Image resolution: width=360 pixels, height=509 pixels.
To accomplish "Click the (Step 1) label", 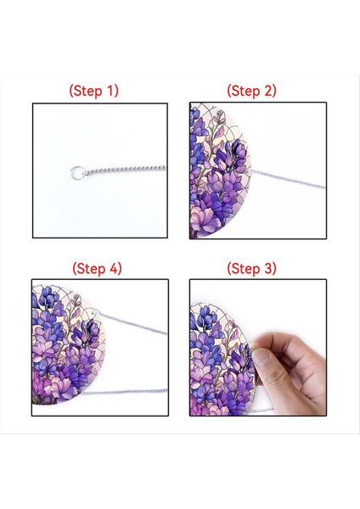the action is [x=94, y=91].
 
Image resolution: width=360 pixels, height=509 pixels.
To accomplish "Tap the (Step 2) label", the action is [x=251, y=91].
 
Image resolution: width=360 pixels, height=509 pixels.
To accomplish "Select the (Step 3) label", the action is [x=251, y=268].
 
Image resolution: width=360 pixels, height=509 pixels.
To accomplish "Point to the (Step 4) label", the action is [x=97, y=268].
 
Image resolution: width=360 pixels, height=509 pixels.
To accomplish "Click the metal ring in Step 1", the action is [x=77, y=172].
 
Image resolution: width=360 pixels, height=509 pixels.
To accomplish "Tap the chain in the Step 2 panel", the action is [x=288, y=178].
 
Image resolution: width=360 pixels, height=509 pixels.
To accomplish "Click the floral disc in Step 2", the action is [x=220, y=171].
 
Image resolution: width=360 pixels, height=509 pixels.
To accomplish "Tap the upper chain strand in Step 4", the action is [x=134, y=323].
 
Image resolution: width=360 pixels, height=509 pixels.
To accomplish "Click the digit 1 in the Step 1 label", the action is [x=110, y=91].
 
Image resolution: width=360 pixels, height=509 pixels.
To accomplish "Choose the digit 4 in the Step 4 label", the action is [x=114, y=268].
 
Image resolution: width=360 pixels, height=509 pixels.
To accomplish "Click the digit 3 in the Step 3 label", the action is [x=268, y=268].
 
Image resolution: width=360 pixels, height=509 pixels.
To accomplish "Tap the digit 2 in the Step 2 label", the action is [x=268, y=91].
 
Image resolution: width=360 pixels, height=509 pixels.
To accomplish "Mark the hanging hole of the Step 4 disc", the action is [x=96, y=312].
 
